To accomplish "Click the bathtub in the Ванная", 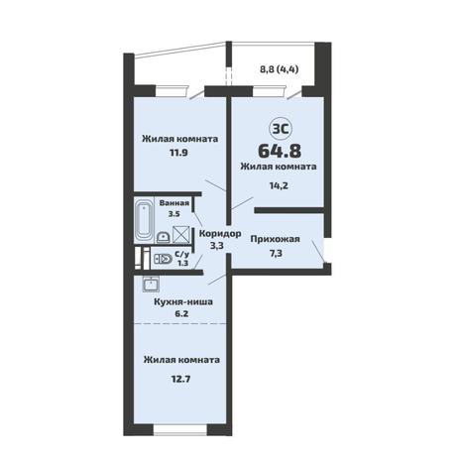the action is [x=144, y=220].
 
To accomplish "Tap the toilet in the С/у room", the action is [x=163, y=259].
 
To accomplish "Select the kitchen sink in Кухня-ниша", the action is [x=151, y=285].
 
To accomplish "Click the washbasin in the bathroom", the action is [x=163, y=237].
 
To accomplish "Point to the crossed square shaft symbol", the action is [x=181, y=234].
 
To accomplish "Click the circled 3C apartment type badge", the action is [x=282, y=129].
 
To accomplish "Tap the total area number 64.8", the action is [x=280, y=151].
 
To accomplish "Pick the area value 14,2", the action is [x=279, y=185].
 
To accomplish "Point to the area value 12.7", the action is [x=180, y=378].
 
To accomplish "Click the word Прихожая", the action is [x=275, y=239].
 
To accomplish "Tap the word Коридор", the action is [x=220, y=233].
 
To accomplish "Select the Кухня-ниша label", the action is [x=183, y=301].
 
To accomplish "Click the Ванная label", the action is [x=174, y=203].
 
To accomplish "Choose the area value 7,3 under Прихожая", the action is [x=276, y=254].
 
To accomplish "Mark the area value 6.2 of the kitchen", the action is [x=181, y=313].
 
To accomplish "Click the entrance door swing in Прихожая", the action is [x=318, y=252].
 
